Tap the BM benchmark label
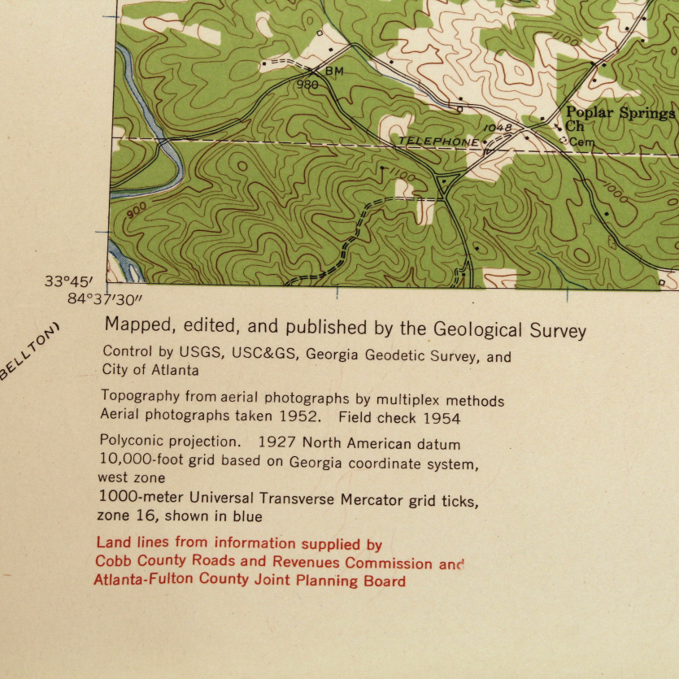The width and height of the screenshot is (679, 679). (334, 72)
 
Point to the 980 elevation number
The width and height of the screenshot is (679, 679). (307, 85)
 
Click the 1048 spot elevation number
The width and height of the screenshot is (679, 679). (498, 128)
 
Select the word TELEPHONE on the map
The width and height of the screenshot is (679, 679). (438, 141)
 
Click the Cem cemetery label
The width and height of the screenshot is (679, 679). (582, 142)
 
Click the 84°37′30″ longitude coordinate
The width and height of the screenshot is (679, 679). (105, 298)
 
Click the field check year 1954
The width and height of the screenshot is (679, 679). (442, 419)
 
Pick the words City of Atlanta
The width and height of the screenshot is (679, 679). (150, 370)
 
